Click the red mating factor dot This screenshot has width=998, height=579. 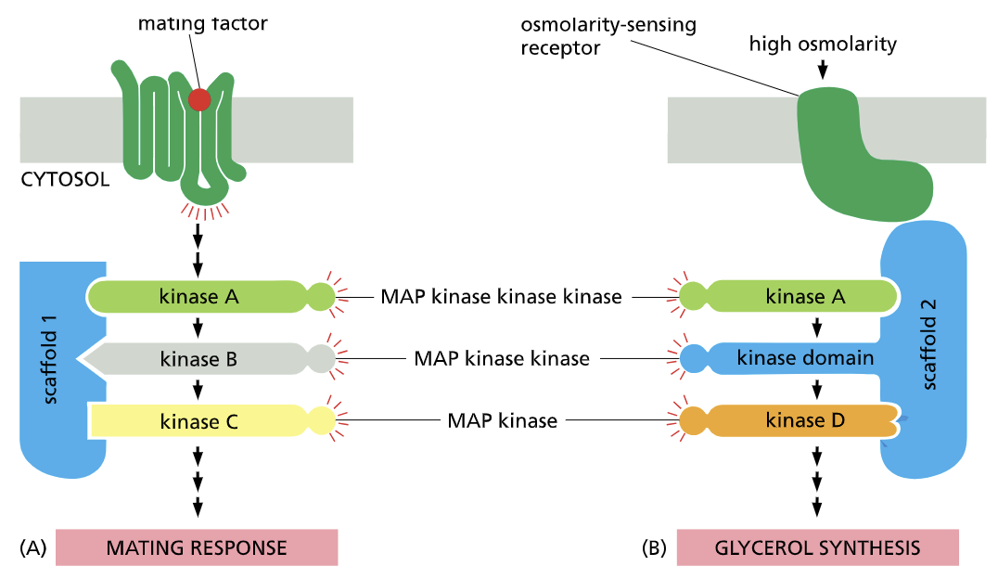point(199,99)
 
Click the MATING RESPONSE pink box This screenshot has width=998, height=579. point(197,547)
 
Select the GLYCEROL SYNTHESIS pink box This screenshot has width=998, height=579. point(817,547)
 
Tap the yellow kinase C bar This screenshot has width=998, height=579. point(199,421)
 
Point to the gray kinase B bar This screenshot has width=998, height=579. point(199,359)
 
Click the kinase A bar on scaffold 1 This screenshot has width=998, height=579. point(199,297)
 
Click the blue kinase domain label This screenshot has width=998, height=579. point(805,358)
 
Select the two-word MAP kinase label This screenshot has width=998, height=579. point(502,420)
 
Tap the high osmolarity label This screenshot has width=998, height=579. point(821,44)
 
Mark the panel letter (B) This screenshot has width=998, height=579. point(654,547)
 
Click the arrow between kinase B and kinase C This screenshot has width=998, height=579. point(198,390)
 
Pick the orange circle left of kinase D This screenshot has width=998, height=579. point(693,420)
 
